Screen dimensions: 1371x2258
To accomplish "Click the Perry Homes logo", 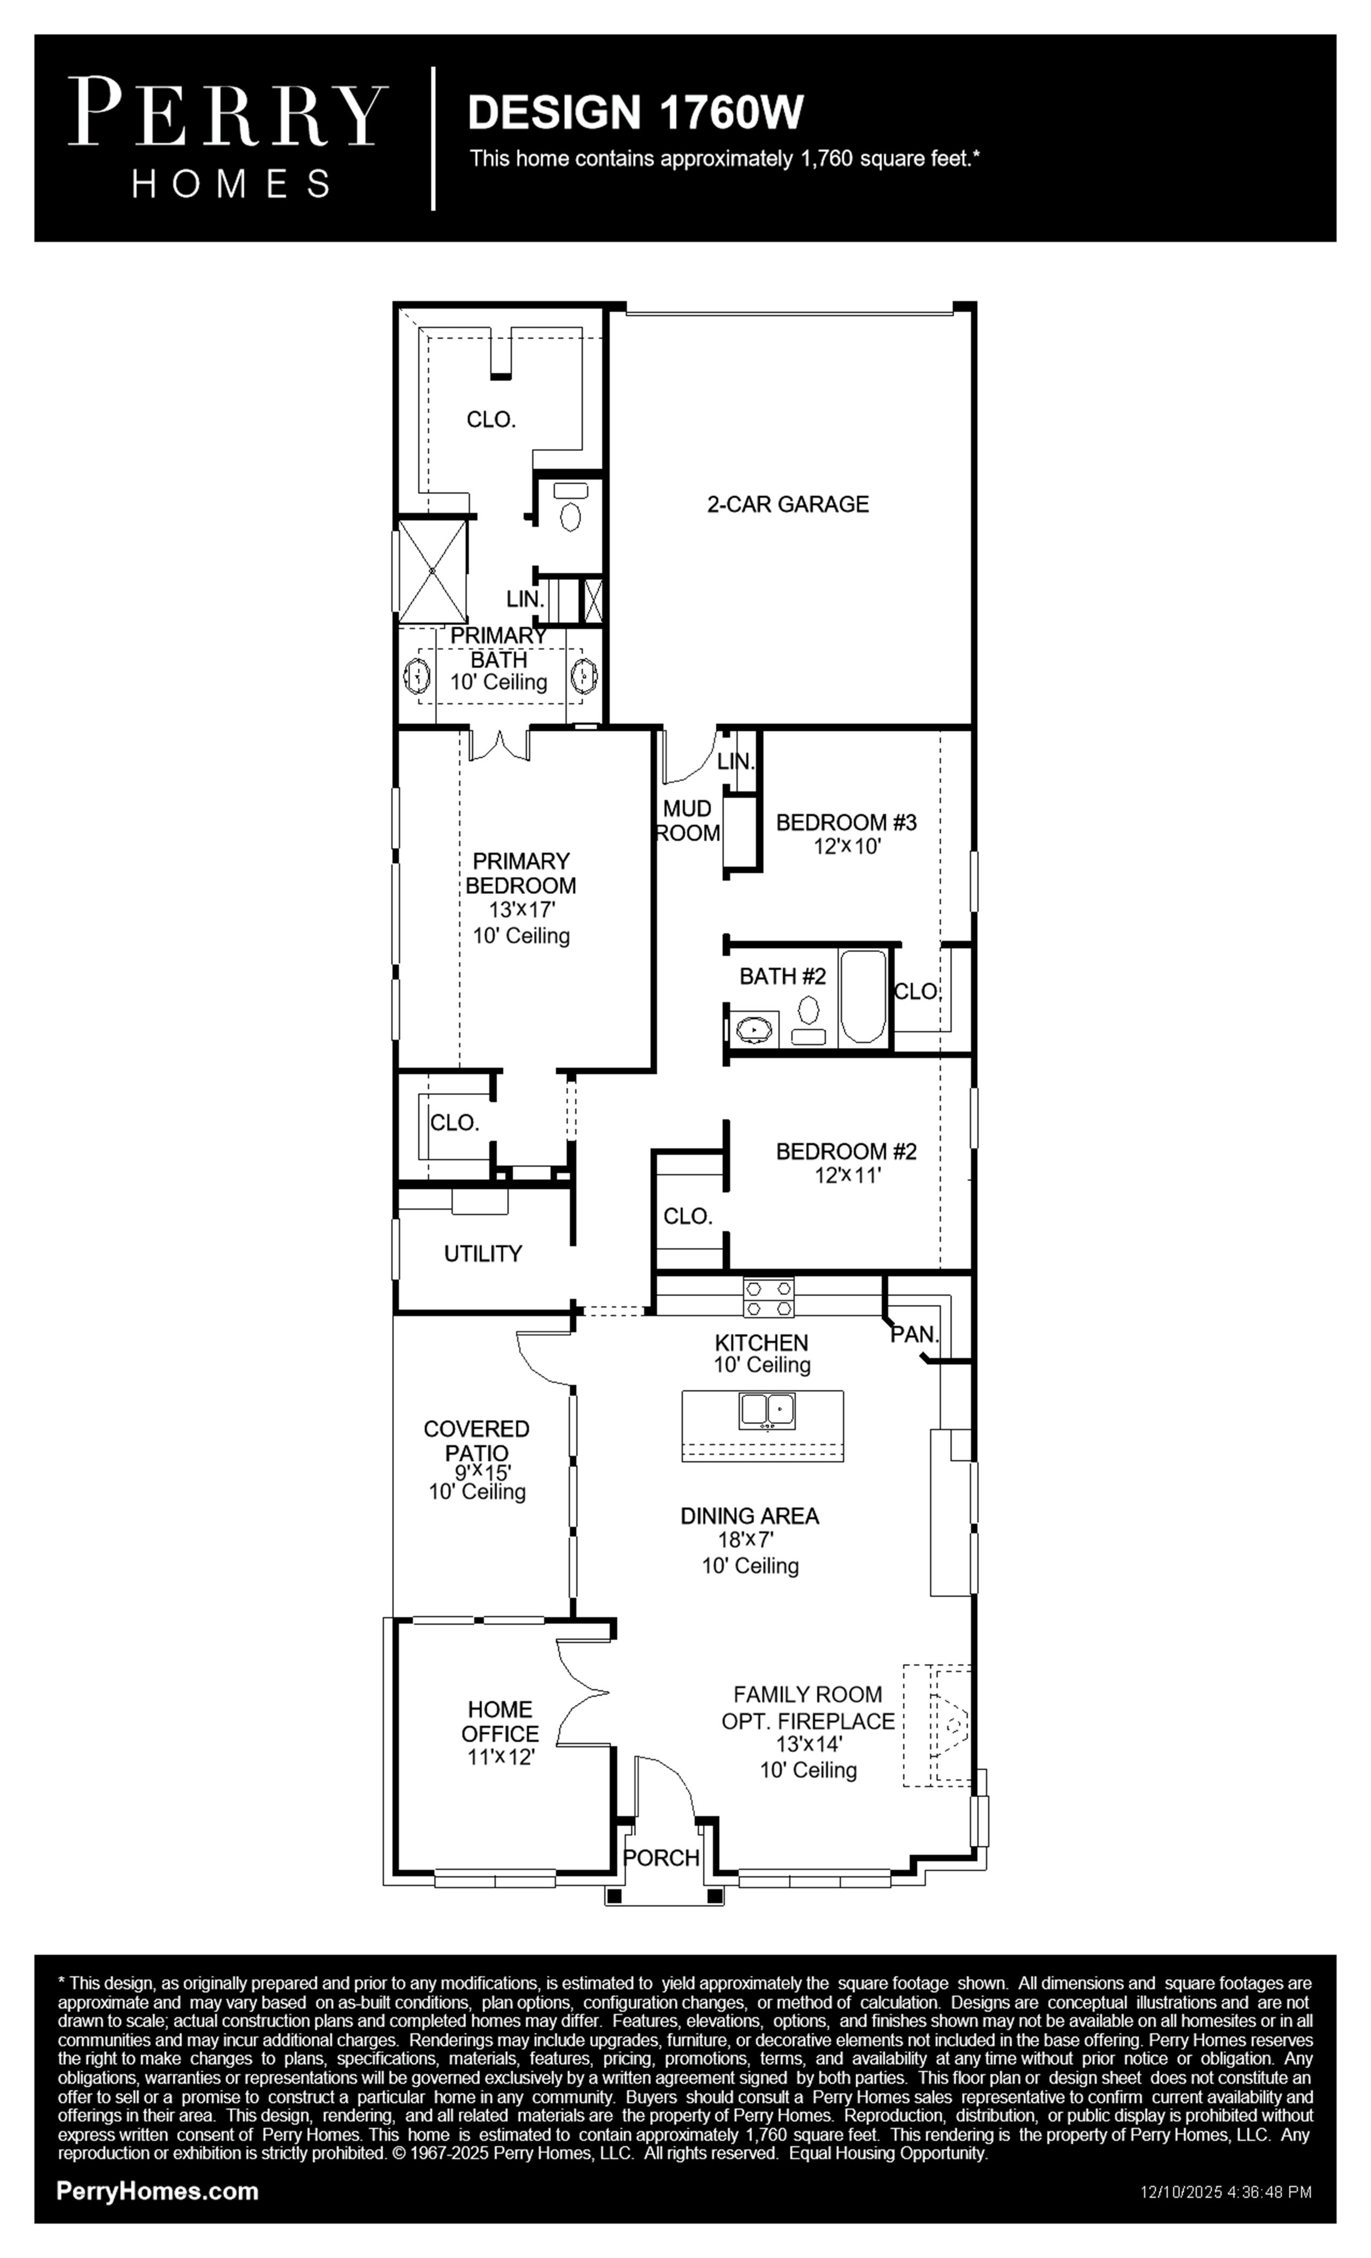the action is tap(227, 138).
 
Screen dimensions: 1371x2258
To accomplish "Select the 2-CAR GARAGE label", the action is tap(787, 504).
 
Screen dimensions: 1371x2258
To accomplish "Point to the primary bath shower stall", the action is tap(433, 572).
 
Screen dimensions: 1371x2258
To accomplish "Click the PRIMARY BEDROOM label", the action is tap(520, 873).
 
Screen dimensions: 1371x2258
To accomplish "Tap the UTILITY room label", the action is tap(483, 1254).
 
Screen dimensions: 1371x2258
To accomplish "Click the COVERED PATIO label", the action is tap(476, 1441).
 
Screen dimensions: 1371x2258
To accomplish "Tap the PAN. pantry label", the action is tap(915, 1335).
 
